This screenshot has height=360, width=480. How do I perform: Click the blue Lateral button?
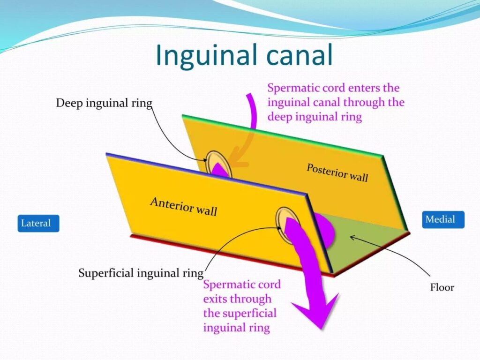38,223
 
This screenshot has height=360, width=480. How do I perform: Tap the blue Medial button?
443,219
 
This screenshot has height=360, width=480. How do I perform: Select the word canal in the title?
300,55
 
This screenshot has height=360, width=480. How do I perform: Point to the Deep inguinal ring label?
104,103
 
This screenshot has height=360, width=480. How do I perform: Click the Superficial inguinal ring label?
141,273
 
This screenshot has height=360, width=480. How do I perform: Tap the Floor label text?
442,287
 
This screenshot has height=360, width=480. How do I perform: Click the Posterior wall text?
337,172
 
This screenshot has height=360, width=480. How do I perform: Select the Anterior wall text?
184,207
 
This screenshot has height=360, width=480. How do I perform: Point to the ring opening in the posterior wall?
217,165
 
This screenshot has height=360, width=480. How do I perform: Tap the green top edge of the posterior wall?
282,135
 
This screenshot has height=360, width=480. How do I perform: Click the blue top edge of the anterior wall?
206,173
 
